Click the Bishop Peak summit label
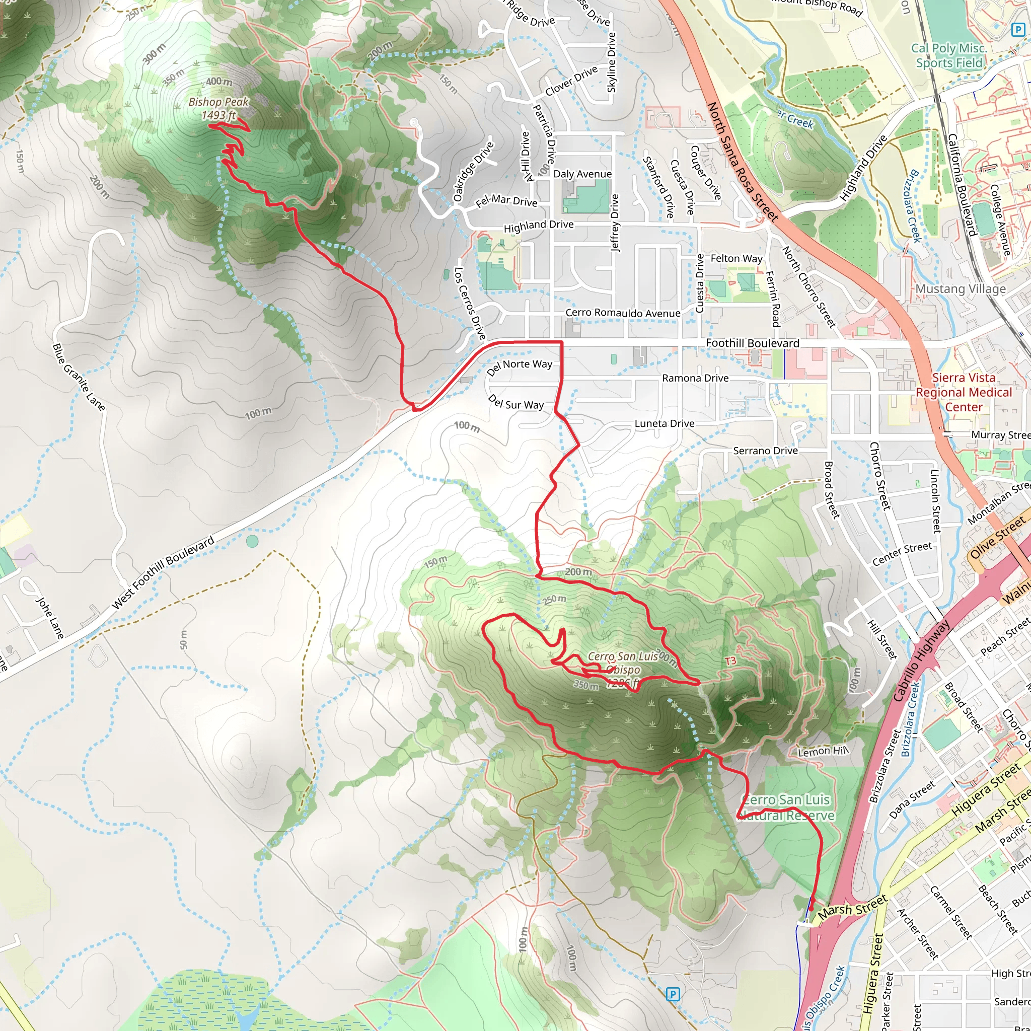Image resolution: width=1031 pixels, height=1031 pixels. click(219, 108)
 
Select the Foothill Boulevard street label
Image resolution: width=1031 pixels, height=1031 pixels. click(752, 343)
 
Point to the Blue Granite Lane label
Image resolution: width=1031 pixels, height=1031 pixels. click(79, 377)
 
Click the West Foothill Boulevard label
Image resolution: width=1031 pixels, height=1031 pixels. click(163, 572)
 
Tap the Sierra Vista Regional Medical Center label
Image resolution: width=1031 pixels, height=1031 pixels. click(963, 392)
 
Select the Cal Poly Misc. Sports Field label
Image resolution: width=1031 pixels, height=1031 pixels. click(949, 55)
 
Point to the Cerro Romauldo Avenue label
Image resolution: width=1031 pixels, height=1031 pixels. click(622, 313)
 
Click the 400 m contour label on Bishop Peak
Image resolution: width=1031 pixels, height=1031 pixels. click(219, 82)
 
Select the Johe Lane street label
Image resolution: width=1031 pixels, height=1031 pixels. click(49, 617)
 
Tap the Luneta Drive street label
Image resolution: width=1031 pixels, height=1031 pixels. click(664, 423)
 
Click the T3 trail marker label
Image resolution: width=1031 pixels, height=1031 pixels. click(730, 660)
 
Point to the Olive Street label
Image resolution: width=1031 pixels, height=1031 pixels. click(997, 537)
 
